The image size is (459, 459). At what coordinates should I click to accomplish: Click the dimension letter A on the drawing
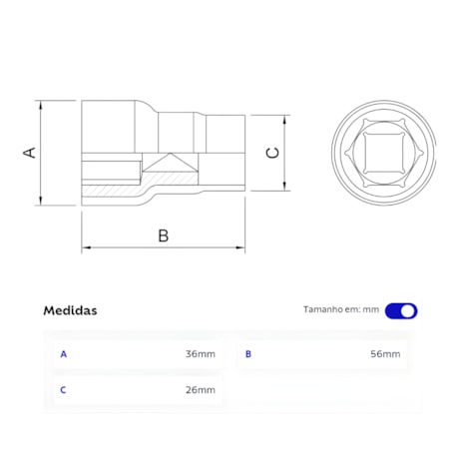click(30, 152)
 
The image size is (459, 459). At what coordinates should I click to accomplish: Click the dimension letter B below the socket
click(164, 235)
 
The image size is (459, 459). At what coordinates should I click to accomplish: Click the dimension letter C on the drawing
click(272, 152)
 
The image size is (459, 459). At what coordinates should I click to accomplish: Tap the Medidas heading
click(70, 310)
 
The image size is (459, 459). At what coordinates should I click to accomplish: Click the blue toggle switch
click(401, 310)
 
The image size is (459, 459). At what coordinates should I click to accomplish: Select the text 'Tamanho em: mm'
click(341, 310)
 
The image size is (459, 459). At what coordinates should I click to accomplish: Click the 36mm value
click(200, 354)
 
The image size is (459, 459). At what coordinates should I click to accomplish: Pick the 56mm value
click(385, 354)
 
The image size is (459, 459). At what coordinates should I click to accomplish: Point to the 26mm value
click(200, 389)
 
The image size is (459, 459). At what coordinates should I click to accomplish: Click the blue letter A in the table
click(64, 354)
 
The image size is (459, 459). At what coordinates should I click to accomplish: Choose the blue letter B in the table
click(248, 354)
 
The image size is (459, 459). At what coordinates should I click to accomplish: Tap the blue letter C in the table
click(64, 389)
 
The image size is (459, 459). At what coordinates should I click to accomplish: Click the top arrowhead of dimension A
click(42, 105)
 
